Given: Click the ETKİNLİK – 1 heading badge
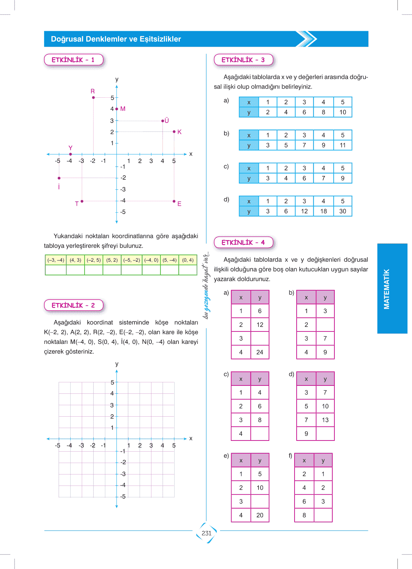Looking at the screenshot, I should [73, 60].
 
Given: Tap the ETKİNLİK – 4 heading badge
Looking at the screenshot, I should [243, 242].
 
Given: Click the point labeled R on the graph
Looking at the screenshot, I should [94, 98].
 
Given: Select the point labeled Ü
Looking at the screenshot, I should [163, 121].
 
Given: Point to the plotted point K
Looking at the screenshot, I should [174, 132].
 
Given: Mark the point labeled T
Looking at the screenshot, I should [82, 201].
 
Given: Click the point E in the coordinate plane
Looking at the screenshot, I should [174, 201].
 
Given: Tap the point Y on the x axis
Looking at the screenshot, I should [70, 154].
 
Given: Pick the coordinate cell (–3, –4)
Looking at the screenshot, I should [56, 260].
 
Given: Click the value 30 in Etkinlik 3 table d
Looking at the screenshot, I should [342, 211].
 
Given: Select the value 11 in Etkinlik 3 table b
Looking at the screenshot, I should [342, 145].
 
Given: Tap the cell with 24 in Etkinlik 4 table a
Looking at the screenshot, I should [260, 352].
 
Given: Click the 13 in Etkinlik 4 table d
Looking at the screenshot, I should [325, 420].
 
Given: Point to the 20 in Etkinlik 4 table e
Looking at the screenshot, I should [260, 515].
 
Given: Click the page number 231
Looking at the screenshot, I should [207, 533].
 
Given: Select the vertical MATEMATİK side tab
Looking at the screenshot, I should [387, 289].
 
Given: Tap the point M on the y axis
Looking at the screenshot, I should [117, 109].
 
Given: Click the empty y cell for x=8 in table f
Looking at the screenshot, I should [323, 515].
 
